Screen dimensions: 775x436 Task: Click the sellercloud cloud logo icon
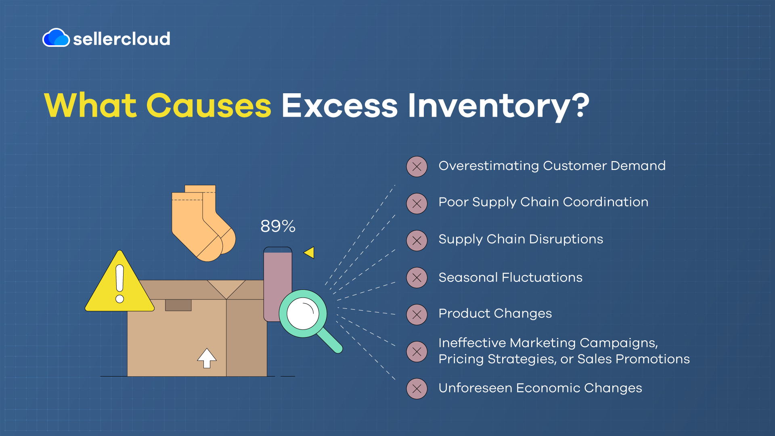pos(56,38)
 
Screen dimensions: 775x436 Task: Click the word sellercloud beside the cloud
pos(121,39)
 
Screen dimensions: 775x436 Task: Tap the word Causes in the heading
pos(209,106)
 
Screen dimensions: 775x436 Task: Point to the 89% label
pos(278,226)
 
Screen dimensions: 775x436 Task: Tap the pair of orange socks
pos(203,223)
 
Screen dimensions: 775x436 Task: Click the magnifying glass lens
pos(303,314)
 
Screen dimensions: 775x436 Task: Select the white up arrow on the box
pos(207,358)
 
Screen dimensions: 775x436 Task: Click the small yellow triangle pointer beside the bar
pos(309,253)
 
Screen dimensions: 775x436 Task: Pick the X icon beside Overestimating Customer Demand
pos(417,167)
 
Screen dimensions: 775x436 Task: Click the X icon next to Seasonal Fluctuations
pos(417,278)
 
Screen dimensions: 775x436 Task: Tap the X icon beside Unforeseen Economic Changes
pos(417,389)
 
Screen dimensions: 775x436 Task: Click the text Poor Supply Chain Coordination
pos(543,202)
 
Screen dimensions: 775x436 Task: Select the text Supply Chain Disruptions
pos(521,239)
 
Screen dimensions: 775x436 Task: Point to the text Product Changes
pos(495,314)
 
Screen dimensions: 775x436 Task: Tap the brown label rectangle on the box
pos(178,305)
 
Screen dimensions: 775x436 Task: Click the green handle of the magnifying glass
pos(330,340)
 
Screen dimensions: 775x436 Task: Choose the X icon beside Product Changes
pos(417,314)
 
